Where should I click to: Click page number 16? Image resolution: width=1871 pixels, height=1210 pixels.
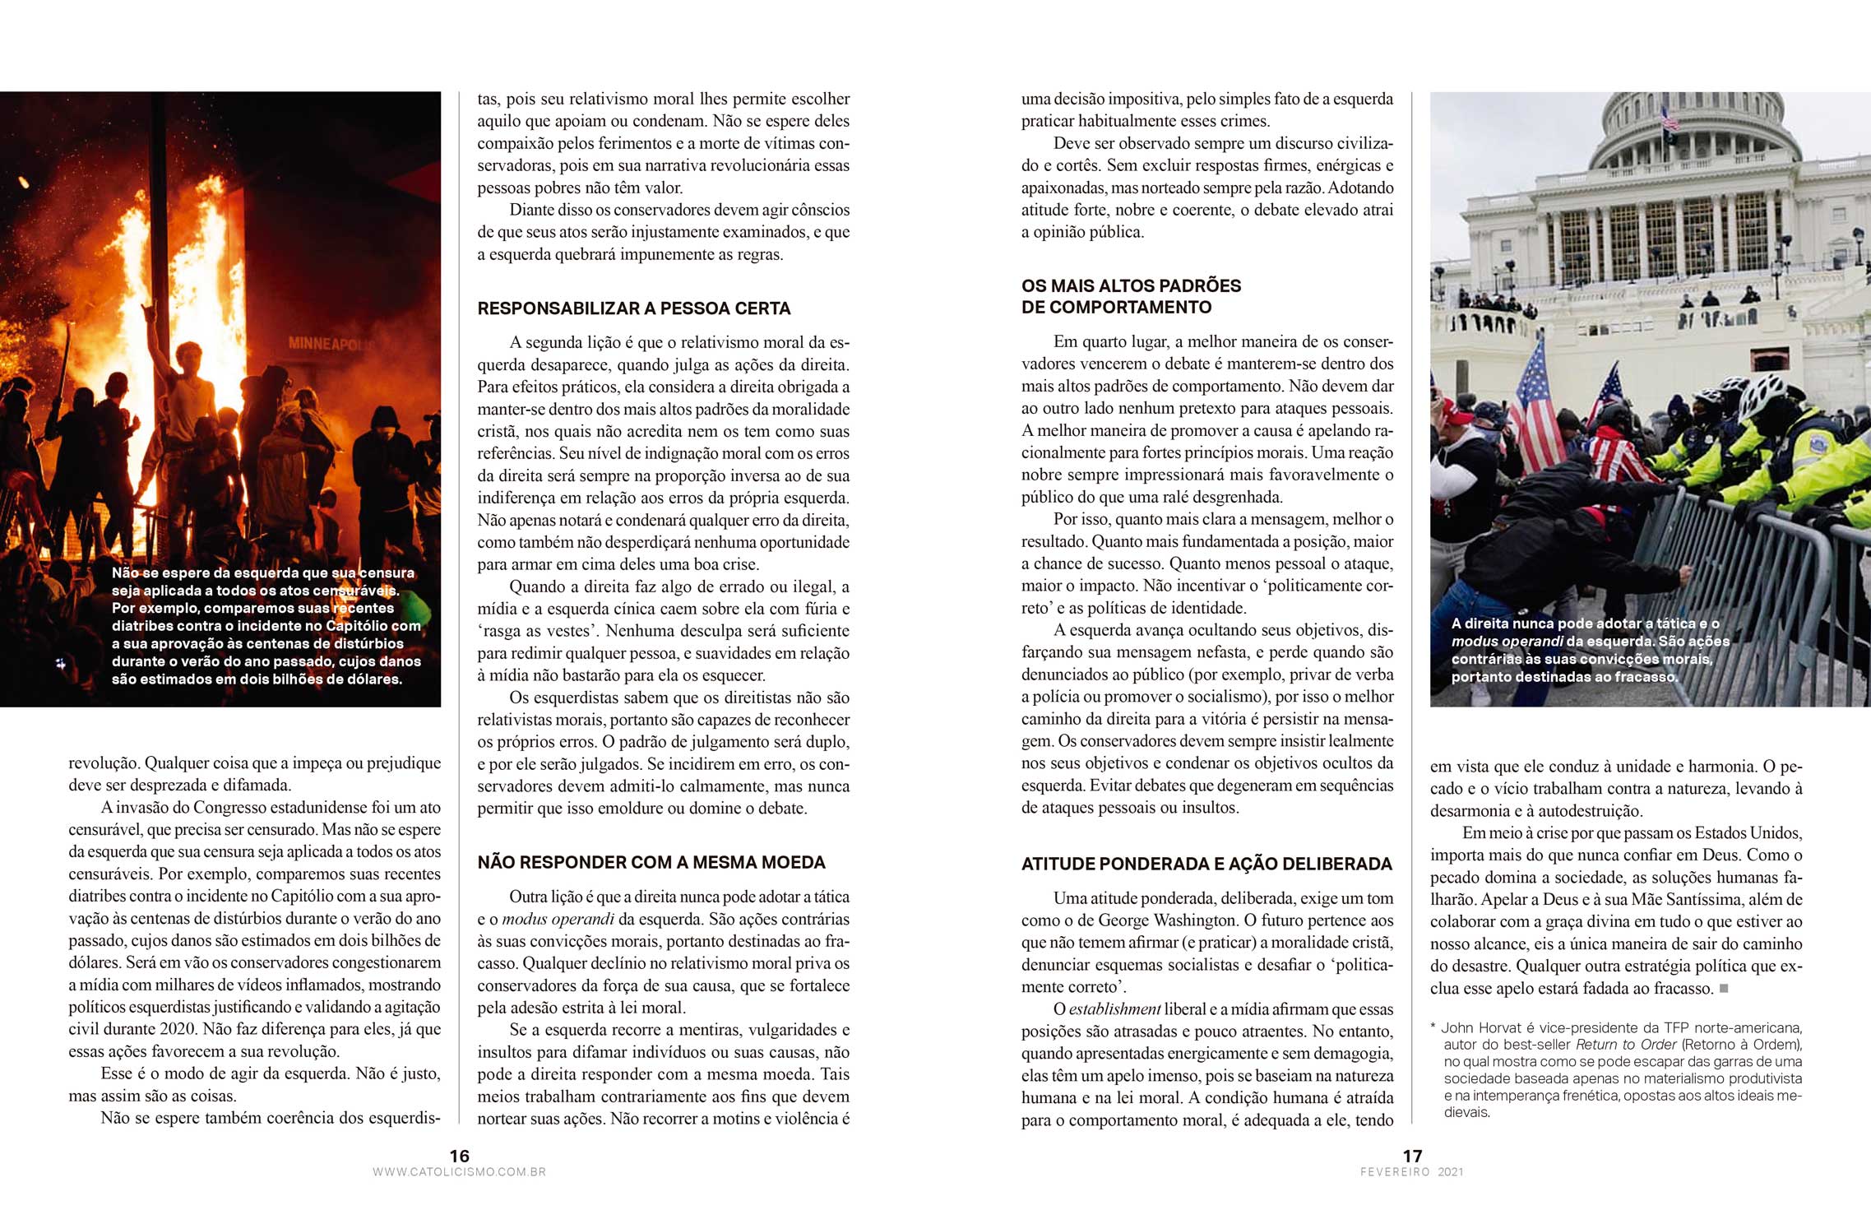click(459, 1156)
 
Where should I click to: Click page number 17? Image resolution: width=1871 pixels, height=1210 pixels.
click(1412, 1156)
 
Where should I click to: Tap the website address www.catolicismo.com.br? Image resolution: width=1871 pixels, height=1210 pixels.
click(459, 1172)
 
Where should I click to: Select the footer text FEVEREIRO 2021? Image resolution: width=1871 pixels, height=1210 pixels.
click(1411, 1172)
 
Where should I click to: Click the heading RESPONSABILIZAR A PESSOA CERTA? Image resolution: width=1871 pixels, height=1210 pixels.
click(634, 308)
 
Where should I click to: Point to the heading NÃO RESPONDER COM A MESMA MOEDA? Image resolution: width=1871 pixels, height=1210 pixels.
click(651, 862)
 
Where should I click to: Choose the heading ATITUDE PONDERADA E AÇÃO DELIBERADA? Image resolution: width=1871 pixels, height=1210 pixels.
click(1206, 864)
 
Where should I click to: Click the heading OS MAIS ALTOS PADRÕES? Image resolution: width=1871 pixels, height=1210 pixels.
click(1131, 285)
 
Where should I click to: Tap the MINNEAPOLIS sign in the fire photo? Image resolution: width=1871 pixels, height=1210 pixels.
click(329, 343)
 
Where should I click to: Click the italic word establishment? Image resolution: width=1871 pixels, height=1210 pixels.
click(1114, 1009)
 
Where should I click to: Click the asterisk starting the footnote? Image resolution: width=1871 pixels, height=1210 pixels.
click(1433, 1028)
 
